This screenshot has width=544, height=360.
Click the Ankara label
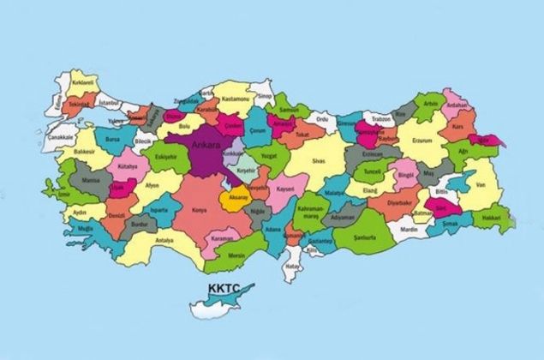(x=207, y=145)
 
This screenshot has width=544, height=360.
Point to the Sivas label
(x=320, y=159)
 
